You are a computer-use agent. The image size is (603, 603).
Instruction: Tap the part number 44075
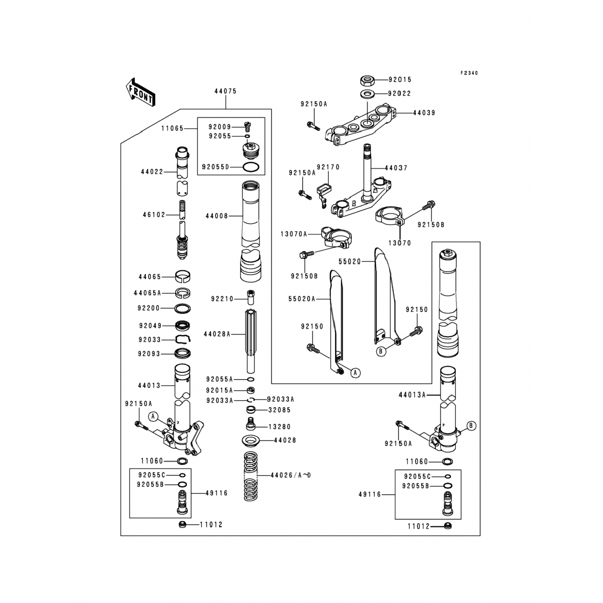point(225,91)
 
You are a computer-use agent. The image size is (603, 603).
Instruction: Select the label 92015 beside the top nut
point(400,80)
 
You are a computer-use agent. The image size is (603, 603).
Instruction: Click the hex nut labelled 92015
point(367,80)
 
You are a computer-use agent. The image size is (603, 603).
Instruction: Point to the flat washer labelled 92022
point(367,94)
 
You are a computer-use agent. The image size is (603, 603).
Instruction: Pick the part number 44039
point(424,113)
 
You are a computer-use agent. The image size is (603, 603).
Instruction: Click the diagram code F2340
point(469,73)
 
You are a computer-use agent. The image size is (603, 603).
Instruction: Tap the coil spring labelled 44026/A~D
point(251,476)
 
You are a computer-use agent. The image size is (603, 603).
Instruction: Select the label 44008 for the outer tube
point(217,216)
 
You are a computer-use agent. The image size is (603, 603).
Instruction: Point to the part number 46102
point(154,215)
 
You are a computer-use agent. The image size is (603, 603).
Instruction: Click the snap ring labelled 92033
point(183,340)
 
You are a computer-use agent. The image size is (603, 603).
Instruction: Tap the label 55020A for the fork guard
point(302,299)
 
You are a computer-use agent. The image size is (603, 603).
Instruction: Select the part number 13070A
point(294,234)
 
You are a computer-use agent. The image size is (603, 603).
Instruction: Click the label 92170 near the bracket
point(328,167)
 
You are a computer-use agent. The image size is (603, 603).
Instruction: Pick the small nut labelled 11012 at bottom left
point(182,524)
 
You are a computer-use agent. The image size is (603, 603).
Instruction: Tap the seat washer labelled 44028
point(251,441)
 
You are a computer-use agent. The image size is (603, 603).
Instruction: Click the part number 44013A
point(412,395)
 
